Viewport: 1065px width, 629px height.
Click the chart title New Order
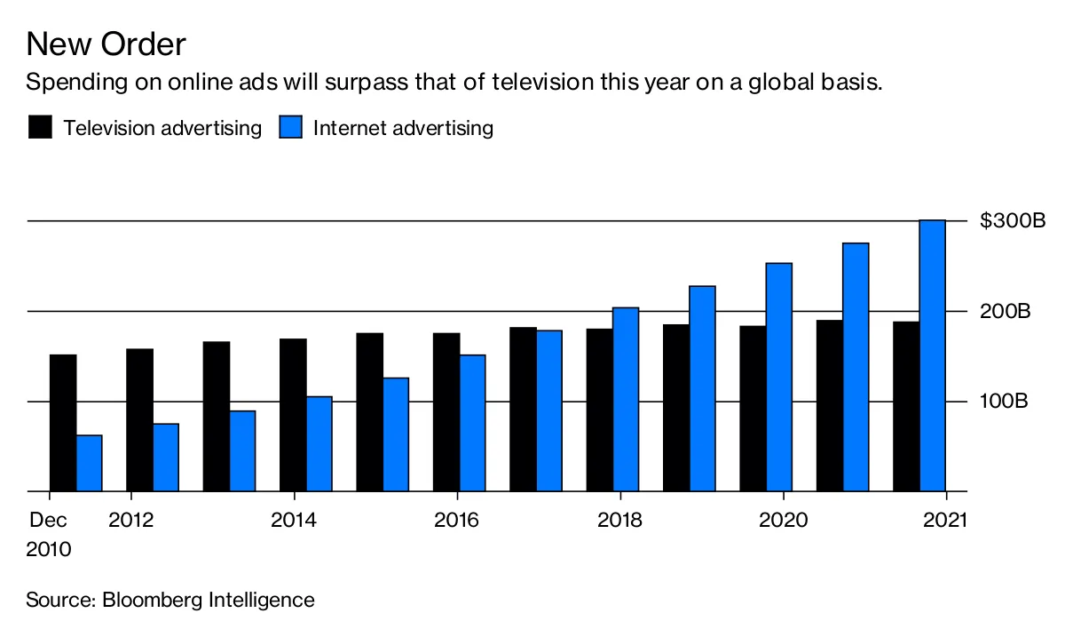click(x=106, y=44)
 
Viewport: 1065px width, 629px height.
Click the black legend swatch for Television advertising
click(x=40, y=127)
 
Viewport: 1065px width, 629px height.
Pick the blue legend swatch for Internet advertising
click(x=292, y=127)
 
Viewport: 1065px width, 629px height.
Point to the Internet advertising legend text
click(x=403, y=127)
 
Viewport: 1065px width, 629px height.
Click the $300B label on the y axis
click(x=1012, y=221)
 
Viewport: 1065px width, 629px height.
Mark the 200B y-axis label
click(x=1006, y=312)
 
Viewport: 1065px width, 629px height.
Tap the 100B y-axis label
click(x=1004, y=402)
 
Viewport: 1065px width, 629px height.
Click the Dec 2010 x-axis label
click(x=49, y=534)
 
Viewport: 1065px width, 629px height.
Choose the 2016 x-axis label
click(x=456, y=520)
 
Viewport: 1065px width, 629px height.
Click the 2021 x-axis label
click(x=946, y=520)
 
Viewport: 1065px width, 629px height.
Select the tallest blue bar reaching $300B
click(x=932, y=355)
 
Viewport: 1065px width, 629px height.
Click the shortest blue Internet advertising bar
click(x=89, y=463)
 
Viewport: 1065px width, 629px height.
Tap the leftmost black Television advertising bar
click(x=63, y=423)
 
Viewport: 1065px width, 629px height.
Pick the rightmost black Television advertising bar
click(x=906, y=406)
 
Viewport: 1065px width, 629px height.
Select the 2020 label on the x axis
click(x=783, y=520)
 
